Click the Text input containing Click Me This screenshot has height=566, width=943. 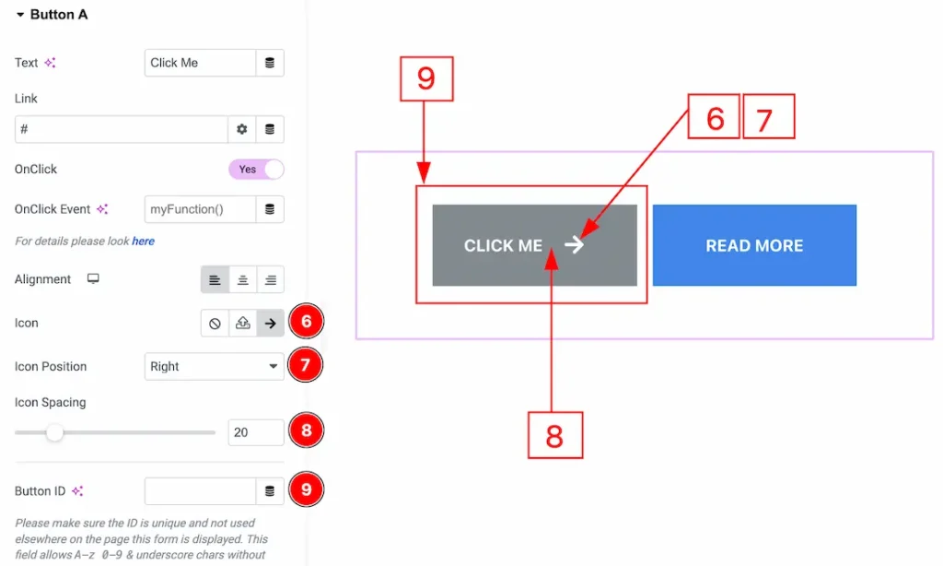200,63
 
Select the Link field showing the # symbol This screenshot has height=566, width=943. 121,129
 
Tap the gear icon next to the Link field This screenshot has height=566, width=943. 241,129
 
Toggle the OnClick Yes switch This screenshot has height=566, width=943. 256,170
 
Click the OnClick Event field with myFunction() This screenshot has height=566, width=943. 200,209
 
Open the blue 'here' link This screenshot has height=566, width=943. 143,242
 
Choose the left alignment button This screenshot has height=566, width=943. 215,279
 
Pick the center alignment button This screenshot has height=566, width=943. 242,279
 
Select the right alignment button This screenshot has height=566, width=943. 270,279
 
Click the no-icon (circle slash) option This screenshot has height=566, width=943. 215,324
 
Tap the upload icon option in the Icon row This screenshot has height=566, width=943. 242,324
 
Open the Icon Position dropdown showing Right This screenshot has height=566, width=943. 214,366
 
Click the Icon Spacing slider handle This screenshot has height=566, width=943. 54,431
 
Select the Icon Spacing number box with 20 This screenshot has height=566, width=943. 256,431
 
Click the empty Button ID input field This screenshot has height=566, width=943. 200,491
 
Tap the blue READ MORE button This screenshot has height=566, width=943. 754,245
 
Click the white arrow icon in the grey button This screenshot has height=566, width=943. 574,244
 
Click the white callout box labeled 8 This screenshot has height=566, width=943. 554,434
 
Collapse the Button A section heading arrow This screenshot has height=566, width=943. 20,15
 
